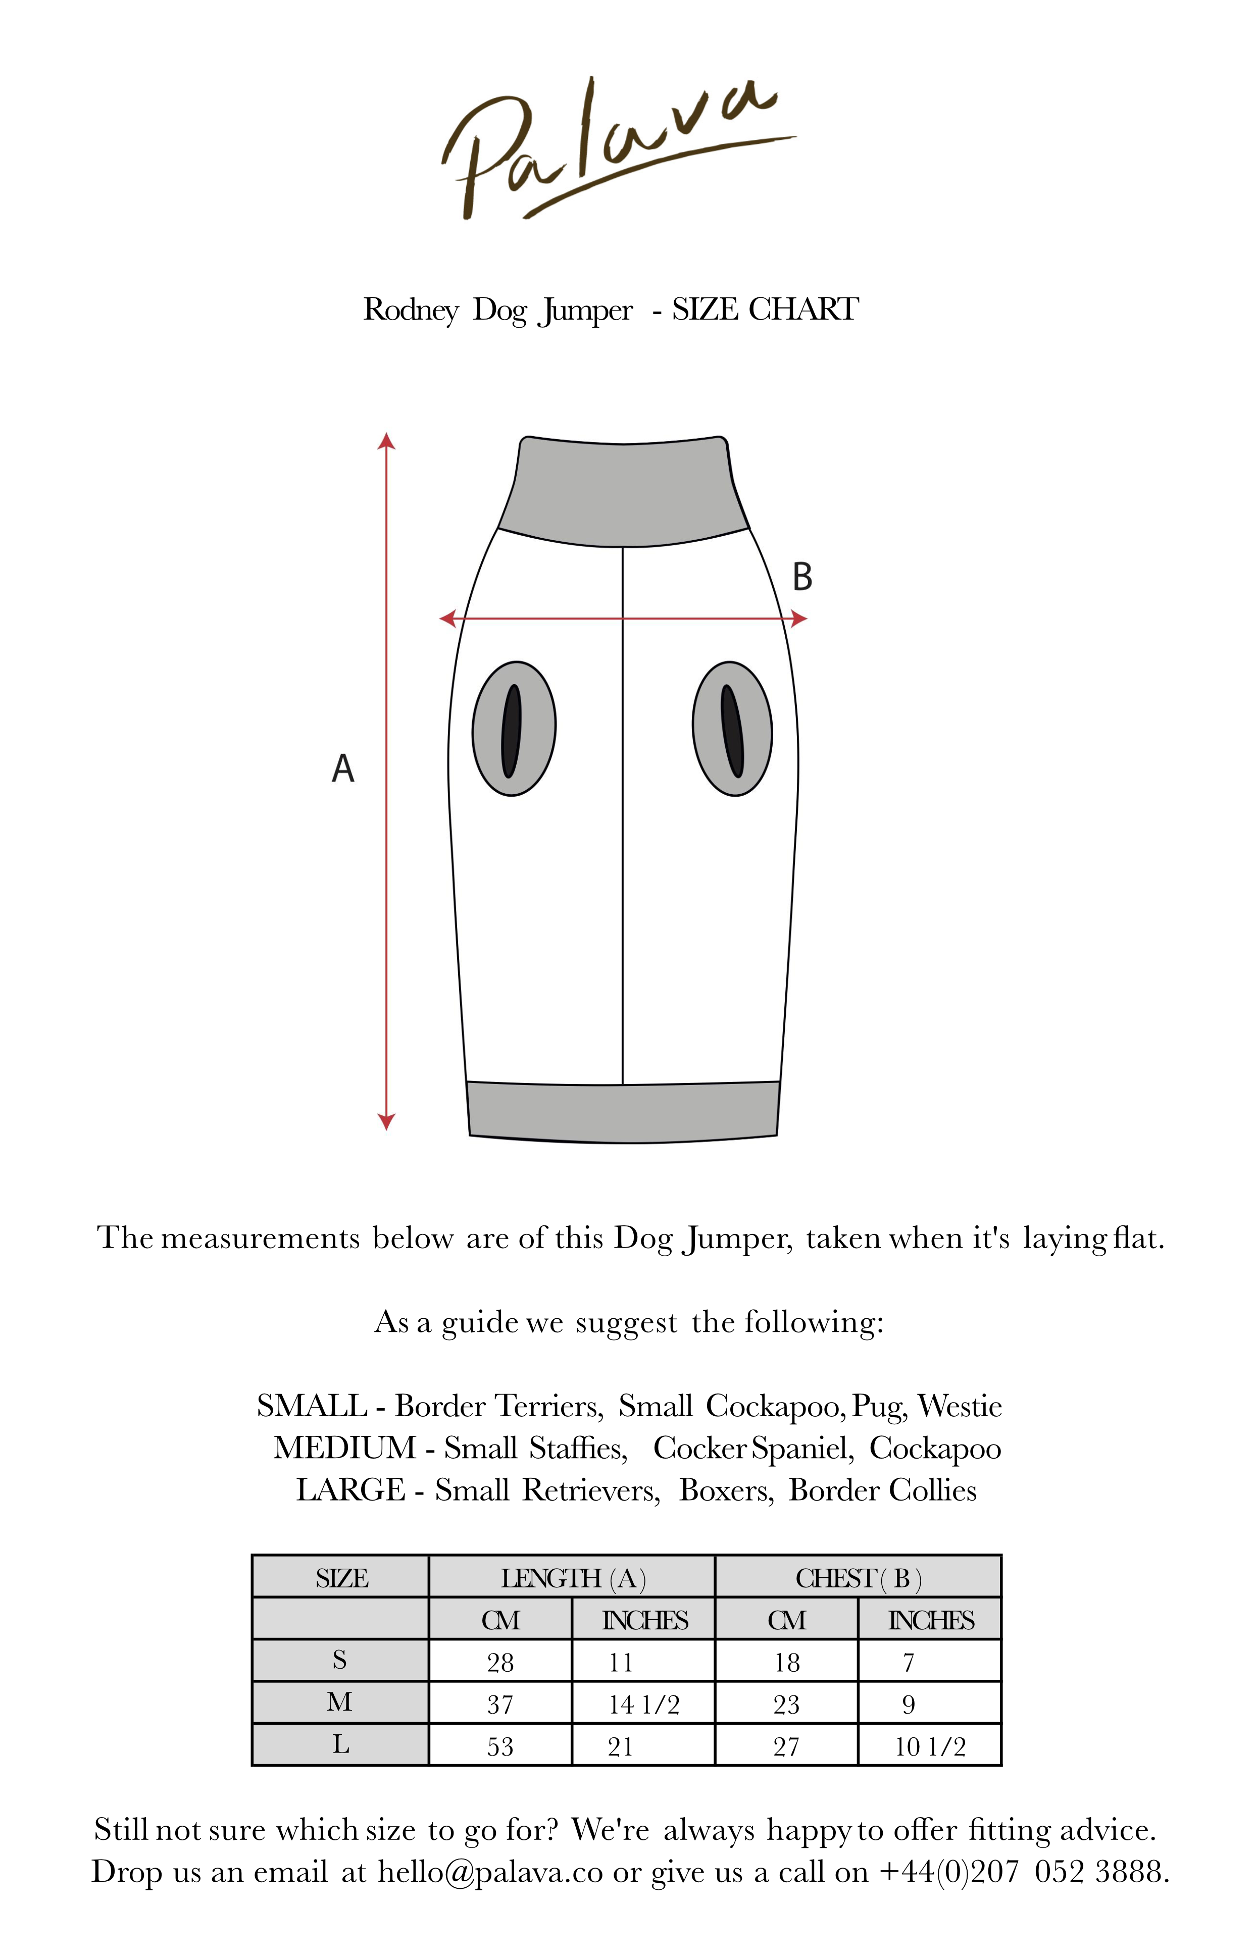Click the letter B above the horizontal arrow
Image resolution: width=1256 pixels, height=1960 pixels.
tap(802, 577)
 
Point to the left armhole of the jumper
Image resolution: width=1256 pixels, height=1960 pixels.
tap(514, 728)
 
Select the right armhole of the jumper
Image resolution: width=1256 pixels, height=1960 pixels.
tap(732, 728)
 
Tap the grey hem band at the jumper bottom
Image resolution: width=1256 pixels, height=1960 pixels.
tap(623, 1112)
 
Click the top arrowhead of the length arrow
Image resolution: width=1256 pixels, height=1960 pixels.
tap(386, 441)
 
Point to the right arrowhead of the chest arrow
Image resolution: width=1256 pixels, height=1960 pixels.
tap(799, 619)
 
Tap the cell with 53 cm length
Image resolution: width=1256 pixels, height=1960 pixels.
tap(500, 1746)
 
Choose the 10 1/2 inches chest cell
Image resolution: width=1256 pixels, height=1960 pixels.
tap(930, 1746)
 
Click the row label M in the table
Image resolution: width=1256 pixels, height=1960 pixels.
tap(340, 1703)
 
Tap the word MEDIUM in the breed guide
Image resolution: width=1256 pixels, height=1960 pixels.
tap(345, 1448)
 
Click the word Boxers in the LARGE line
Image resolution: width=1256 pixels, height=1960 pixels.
tap(725, 1490)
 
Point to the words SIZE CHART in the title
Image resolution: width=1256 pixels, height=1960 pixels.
tap(765, 310)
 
